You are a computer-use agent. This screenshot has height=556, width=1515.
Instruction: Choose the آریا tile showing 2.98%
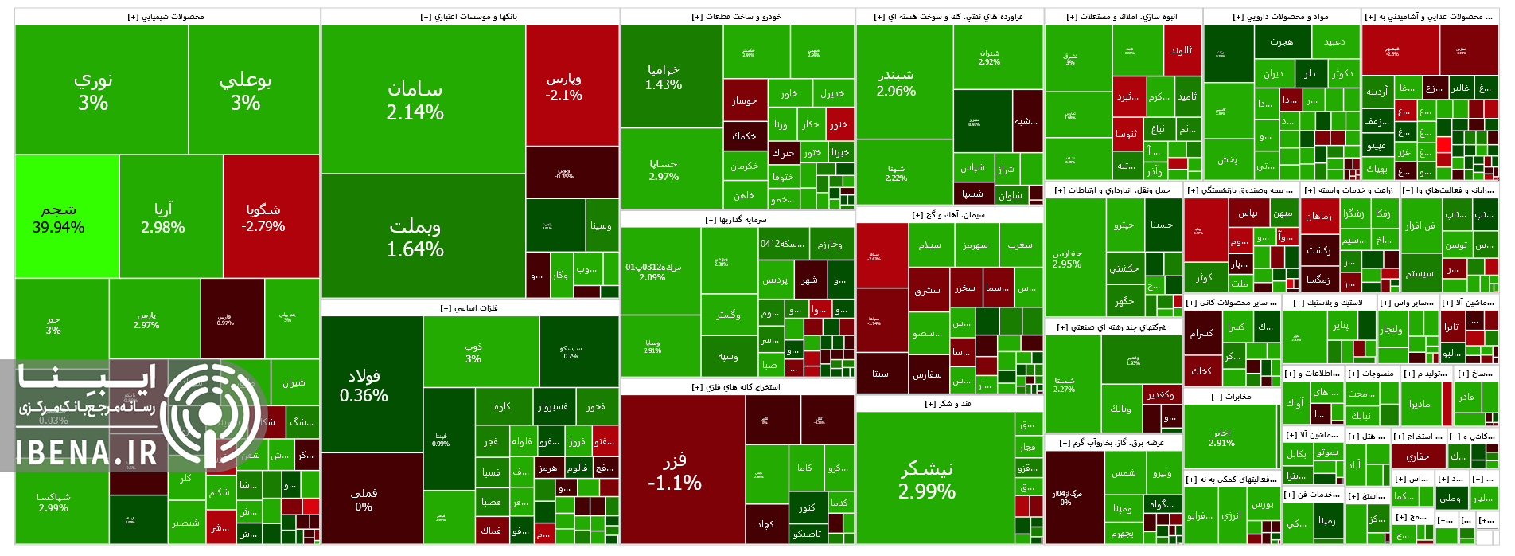pos(170,217)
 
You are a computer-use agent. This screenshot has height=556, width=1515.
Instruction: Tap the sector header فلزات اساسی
pos(469,308)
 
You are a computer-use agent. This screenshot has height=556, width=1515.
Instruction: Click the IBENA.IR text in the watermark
pos(88,454)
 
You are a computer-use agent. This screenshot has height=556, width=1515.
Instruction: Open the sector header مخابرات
pos(1231,397)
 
